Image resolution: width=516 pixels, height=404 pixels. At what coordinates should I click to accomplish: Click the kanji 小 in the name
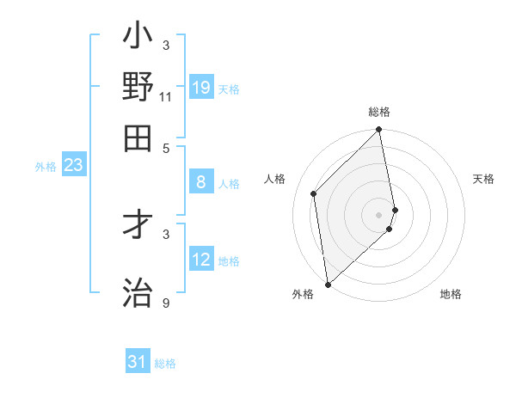tap(138, 39)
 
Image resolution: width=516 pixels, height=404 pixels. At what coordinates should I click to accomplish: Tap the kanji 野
tap(138, 88)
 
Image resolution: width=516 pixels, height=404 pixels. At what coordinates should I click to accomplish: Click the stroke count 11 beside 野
tap(166, 98)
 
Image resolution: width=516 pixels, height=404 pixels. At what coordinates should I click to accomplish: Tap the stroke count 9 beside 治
tap(166, 304)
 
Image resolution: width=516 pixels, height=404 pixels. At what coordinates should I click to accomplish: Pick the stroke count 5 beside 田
tap(166, 147)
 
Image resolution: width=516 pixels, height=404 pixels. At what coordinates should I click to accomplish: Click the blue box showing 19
tap(201, 87)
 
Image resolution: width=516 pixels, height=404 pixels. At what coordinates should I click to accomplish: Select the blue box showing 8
tap(201, 181)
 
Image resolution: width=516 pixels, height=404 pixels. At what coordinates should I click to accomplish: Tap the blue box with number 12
tap(201, 259)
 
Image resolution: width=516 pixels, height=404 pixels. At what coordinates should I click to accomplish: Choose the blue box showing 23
tap(73, 165)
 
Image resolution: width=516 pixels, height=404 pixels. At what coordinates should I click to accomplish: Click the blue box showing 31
tap(138, 362)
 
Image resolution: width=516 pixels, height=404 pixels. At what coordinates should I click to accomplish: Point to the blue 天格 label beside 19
tap(229, 89)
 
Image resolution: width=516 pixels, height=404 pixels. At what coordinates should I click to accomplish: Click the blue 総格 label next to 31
tap(165, 364)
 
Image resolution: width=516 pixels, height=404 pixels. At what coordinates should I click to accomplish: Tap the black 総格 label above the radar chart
tap(379, 112)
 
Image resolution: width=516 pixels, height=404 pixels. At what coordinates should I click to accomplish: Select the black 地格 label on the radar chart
tap(451, 294)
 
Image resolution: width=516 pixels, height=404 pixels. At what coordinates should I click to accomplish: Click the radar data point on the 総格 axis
tap(379, 131)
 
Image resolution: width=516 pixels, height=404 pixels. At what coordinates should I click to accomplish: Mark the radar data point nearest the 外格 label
tap(328, 285)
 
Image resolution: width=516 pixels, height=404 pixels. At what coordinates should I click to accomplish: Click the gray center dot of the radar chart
tap(379, 214)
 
